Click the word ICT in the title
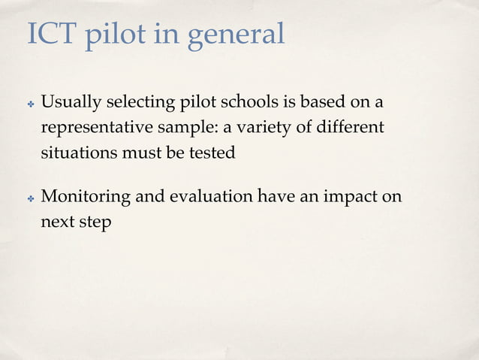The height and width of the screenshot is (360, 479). pos(51,33)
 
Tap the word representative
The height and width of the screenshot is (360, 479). pos(98,128)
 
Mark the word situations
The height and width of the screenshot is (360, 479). pos(75,153)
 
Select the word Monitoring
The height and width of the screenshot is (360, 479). pos(84,198)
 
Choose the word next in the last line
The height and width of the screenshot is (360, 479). pos(56,223)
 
